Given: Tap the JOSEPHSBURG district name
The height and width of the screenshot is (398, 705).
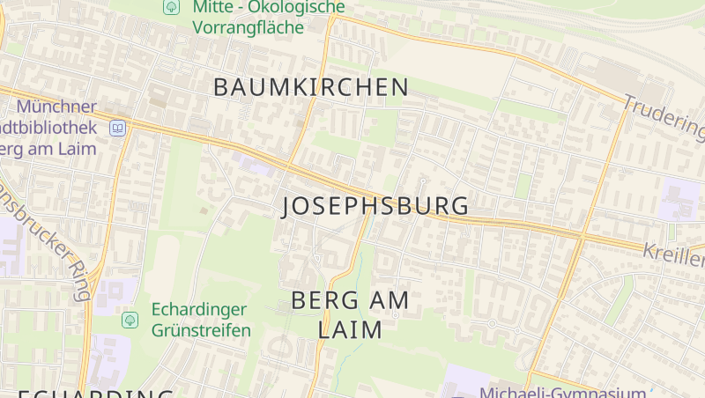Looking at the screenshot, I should pos(375,206).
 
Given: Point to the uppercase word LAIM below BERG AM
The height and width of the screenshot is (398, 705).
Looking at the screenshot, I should pos(350,330).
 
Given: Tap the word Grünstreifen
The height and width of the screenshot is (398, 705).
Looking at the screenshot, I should pos(202,330).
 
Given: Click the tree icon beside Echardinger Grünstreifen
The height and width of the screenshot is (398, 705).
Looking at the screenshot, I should pos(130,319).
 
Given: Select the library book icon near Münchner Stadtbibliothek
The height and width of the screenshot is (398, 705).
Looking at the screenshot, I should pos(117,128).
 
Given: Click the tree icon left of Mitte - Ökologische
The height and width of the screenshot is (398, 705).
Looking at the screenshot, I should pos(170,7).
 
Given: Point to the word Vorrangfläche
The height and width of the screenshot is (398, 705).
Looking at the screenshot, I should pos(249,27).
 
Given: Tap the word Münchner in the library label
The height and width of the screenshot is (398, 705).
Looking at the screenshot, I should pos(56,107).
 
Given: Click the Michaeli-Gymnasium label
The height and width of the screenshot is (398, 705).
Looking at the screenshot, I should pos(562,392).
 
